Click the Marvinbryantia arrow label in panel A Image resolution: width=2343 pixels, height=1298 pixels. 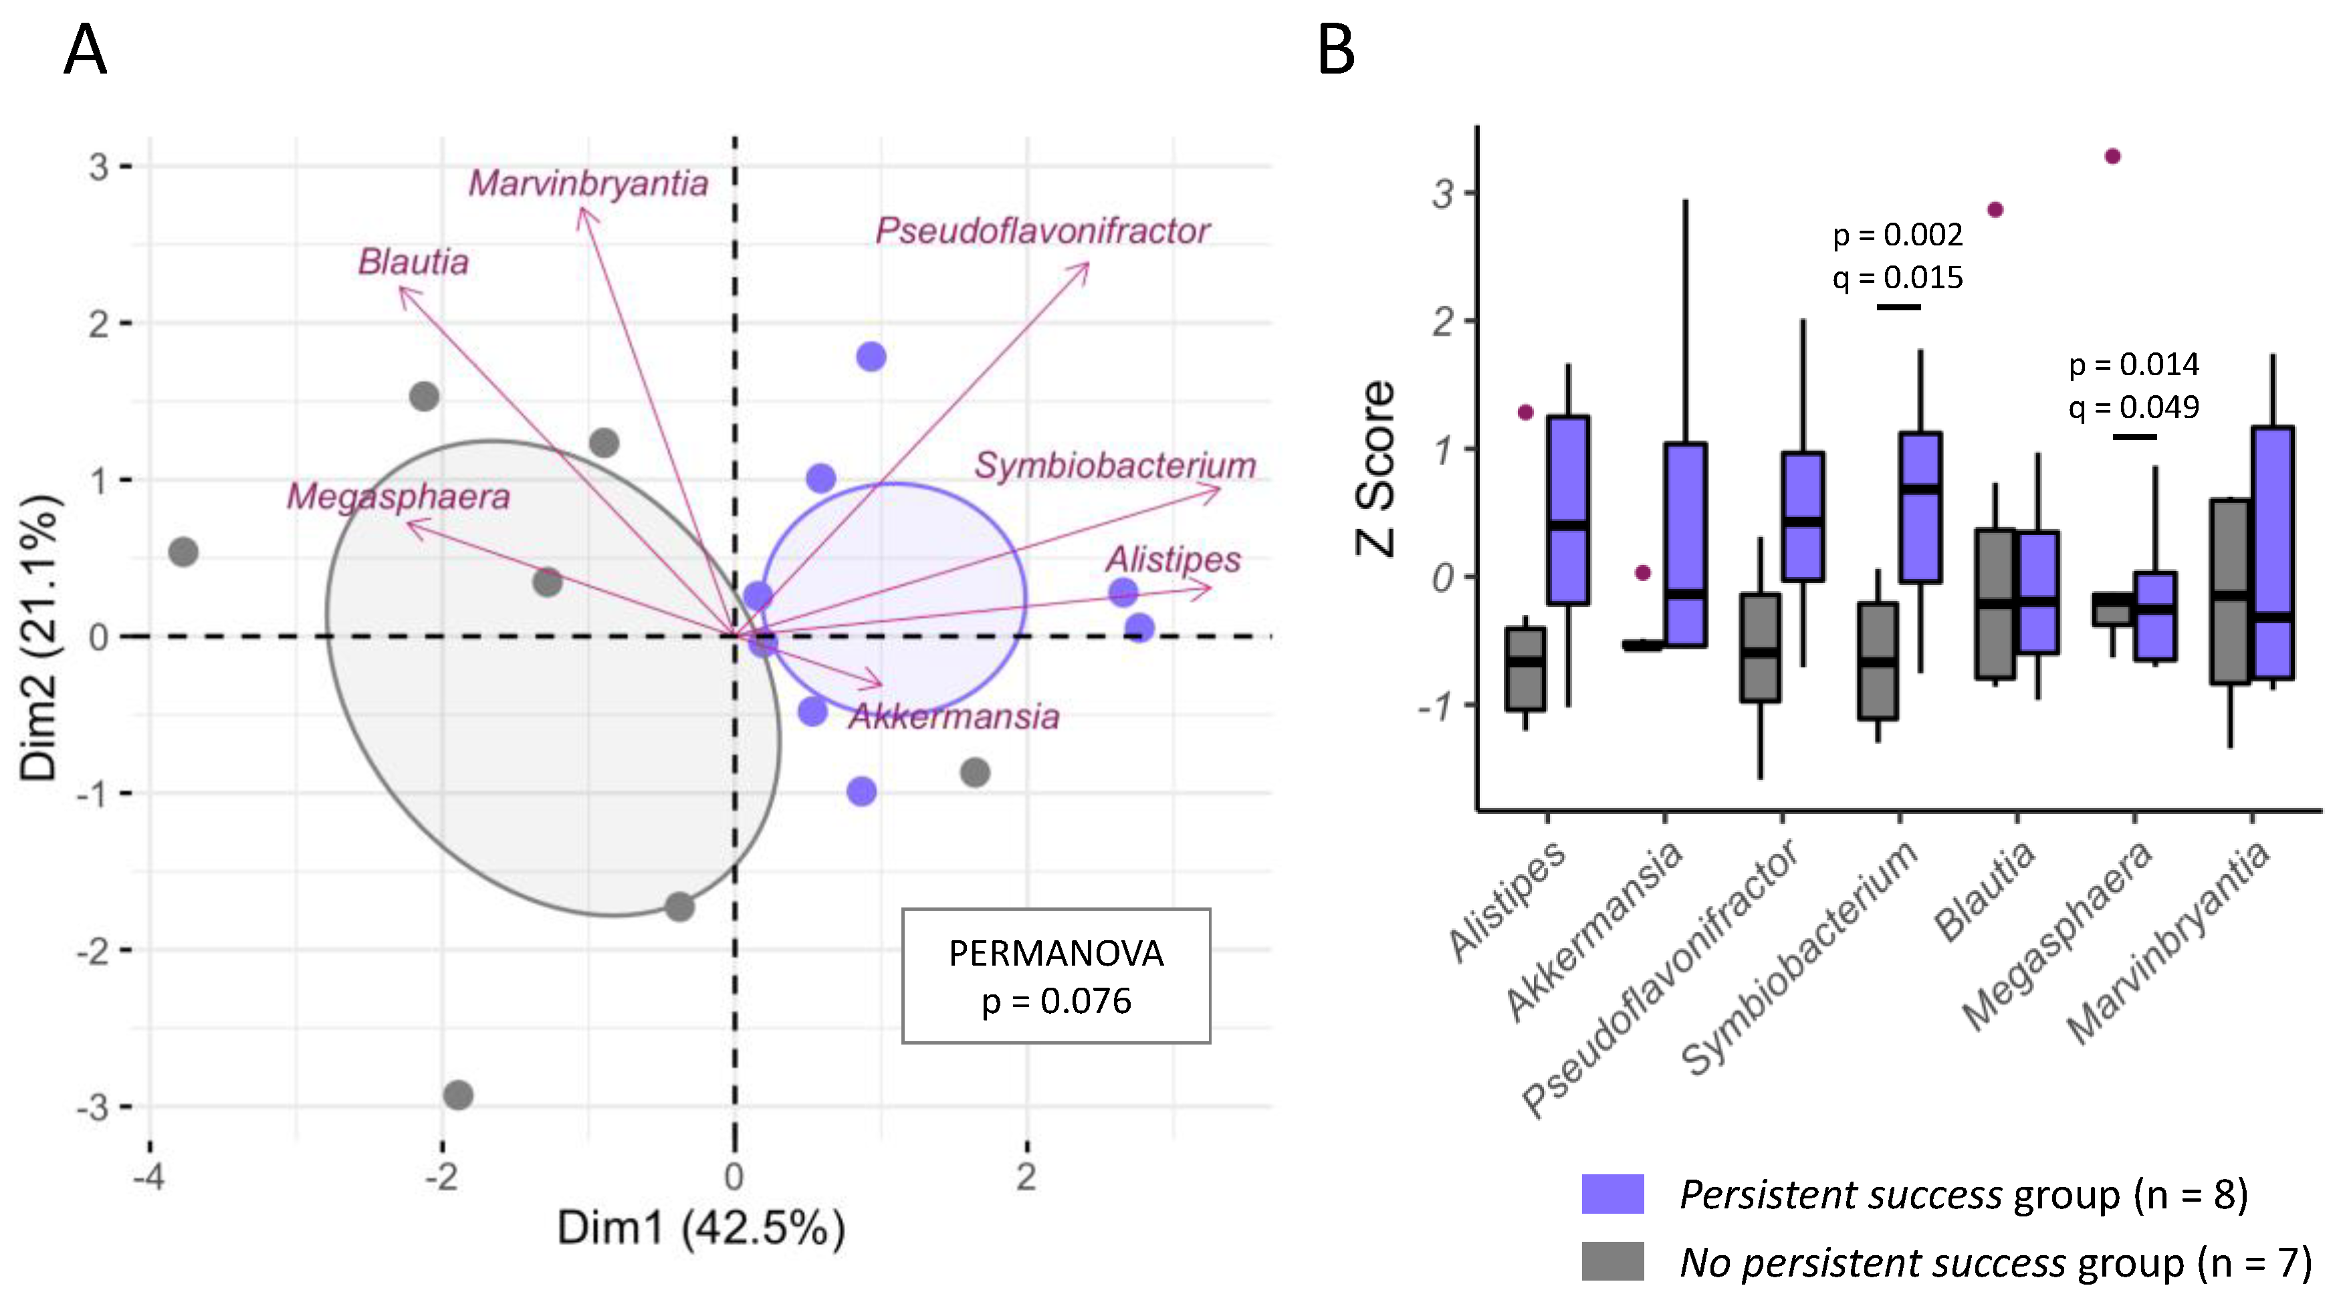588,185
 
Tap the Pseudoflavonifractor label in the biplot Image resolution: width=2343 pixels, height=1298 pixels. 1042,231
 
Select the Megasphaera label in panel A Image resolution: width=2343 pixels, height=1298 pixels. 399,498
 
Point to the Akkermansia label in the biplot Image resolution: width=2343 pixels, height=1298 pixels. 954,717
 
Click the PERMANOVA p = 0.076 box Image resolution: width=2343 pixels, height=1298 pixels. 1056,976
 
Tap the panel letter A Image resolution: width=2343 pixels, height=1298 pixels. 86,51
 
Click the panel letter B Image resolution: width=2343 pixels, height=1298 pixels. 1335,51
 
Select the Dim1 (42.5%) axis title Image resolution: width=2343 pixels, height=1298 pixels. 700,1228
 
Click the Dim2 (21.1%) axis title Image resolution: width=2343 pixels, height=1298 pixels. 40,637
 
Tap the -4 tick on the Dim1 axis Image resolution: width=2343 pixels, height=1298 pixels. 148,1177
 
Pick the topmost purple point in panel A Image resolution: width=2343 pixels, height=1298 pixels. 871,356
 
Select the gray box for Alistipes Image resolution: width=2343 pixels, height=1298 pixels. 1525,669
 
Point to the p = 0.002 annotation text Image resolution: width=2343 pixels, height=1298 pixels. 1897,235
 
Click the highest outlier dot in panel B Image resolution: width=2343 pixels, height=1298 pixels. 2113,156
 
